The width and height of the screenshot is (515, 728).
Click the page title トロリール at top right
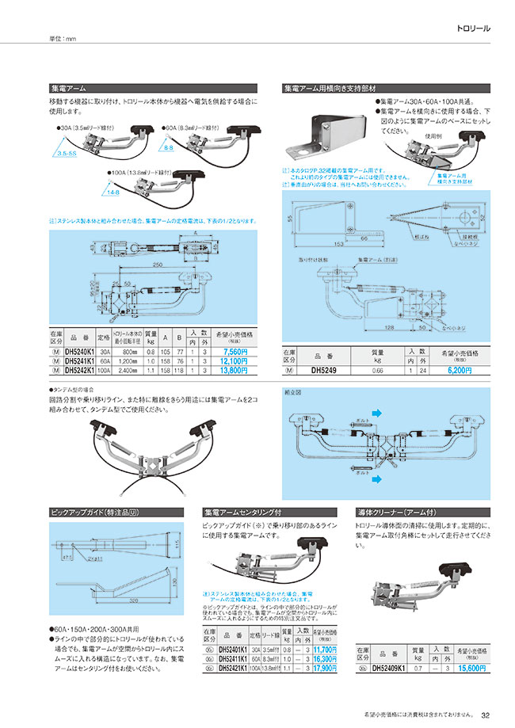(474, 29)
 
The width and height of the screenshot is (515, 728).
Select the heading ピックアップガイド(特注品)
(88, 513)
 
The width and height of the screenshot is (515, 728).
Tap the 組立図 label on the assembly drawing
(293, 392)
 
